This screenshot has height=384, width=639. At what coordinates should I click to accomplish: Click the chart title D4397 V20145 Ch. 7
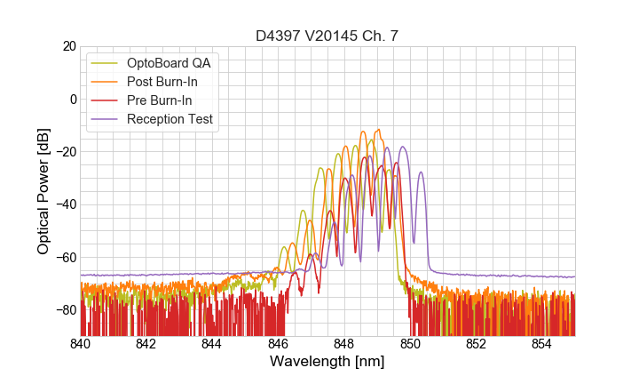327,36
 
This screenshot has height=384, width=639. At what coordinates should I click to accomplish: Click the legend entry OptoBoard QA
169,63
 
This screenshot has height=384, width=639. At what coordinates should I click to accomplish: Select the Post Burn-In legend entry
162,82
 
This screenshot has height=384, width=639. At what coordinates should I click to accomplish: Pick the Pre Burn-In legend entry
160,100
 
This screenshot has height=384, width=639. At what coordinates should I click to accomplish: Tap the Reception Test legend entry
170,119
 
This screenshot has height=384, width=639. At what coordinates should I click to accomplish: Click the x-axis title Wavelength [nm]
327,363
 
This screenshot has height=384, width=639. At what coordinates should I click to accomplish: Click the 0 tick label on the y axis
73,99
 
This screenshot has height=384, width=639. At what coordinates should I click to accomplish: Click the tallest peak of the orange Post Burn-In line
378,130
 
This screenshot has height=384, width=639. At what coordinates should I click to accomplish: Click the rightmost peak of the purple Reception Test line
403,148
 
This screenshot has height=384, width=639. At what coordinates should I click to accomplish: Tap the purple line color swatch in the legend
106,119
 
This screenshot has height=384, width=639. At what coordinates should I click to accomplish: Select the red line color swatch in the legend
106,100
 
